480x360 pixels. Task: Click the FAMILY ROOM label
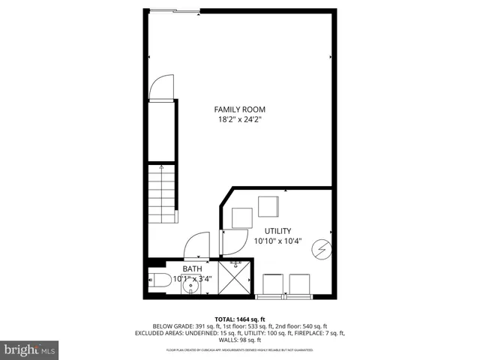[239, 109]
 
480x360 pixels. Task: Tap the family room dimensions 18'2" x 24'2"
[239, 119]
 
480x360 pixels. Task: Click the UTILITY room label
[277, 231]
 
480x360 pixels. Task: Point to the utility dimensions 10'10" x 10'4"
[277, 241]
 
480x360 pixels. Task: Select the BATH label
[192, 268]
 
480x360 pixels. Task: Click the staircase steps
[161, 195]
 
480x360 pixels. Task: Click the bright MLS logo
[30, 349]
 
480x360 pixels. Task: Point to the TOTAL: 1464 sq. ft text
[239, 319]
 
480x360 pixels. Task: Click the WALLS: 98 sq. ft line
[239, 340]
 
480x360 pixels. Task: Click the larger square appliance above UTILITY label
[268, 205]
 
